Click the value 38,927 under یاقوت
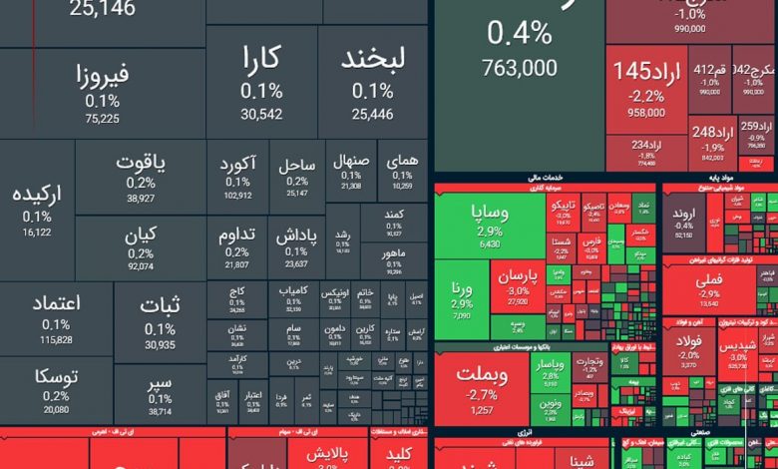tap(141, 199)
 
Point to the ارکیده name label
tap(37, 195)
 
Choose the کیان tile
tap(141, 248)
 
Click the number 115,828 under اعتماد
tap(56, 340)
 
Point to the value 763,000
tap(519, 68)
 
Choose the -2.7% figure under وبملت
tap(483, 395)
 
